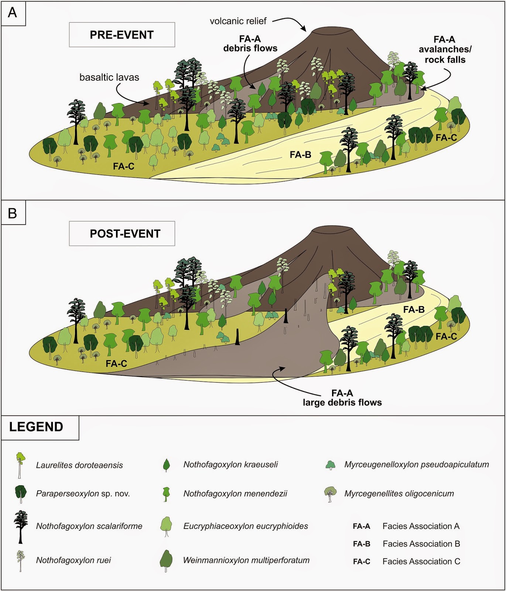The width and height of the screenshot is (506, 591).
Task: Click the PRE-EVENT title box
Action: [122, 35]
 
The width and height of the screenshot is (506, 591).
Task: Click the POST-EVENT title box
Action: [122, 233]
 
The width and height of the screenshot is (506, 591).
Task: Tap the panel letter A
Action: [13, 13]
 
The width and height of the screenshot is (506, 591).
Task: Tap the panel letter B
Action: [13, 213]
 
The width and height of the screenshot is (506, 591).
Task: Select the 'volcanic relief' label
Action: [238, 21]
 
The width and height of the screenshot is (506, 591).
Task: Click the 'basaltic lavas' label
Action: [109, 77]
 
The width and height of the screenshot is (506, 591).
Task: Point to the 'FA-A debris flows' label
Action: [250, 44]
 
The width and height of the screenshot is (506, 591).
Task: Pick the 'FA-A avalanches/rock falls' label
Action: [445, 49]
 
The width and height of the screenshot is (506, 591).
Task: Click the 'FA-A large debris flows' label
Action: [342, 398]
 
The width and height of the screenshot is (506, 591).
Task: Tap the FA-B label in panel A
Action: [300, 155]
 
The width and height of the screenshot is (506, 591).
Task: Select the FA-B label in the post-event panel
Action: [414, 310]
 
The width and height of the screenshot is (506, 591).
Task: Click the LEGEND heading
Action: [36, 427]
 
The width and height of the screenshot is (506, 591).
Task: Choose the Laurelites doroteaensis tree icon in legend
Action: [20, 465]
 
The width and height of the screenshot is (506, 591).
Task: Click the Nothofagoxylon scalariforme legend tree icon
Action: [21, 526]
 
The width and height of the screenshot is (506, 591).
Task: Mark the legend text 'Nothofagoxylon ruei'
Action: [73, 560]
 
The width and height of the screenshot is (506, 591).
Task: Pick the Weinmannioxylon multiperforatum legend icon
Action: [166, 560]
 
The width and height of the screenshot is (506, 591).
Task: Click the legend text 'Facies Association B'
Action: [421, 544]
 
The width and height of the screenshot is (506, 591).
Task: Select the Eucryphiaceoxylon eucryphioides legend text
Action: [246, 526]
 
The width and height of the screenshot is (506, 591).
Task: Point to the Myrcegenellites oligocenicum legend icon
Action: [330, 493]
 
